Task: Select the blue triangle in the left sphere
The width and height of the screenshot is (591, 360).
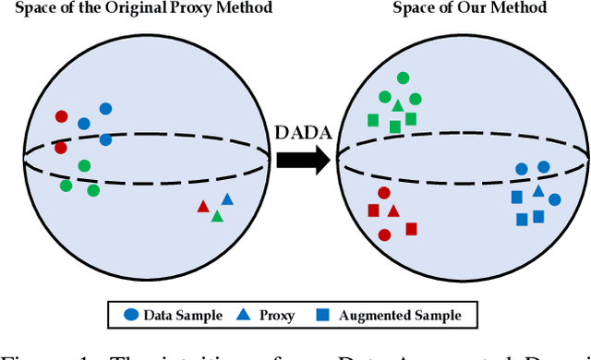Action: (x=227, y=199)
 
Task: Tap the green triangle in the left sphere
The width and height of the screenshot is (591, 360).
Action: (x=217, y=216)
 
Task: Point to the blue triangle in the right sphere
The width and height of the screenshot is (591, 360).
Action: (x=538, y=192)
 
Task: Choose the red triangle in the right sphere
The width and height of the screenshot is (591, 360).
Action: (x=393, y=210)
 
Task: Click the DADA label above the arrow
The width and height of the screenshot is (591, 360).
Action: (x=301, y=132)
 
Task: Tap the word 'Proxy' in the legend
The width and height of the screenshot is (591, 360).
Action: (x=277, y=316)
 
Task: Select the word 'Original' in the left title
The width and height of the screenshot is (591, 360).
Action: (x=139, y=8)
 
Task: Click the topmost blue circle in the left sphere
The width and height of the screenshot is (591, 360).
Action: (x=105, y=109)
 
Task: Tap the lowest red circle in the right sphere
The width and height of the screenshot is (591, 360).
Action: (x=385, y=234)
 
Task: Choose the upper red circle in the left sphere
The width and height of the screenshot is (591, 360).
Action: (x=61, y=117)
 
